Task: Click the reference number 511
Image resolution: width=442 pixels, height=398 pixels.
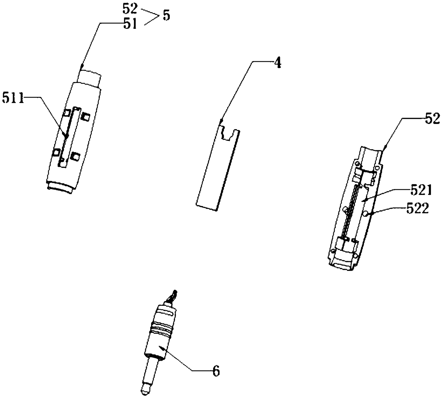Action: [x=13, y=98]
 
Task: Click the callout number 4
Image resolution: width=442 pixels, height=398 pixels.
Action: [x=277, y=63]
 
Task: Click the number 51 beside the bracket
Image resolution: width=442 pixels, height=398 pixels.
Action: [x=130, y=24]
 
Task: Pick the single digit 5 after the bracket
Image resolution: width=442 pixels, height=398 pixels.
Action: [x=166, y=16]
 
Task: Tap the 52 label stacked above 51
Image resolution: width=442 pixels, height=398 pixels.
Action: [x=130, y=9]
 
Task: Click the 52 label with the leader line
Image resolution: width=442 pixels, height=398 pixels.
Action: [x=432, y=120]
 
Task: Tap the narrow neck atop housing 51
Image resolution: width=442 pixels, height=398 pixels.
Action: [x=89, y=78]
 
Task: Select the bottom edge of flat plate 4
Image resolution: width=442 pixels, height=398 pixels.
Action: [x=207, y=207]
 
